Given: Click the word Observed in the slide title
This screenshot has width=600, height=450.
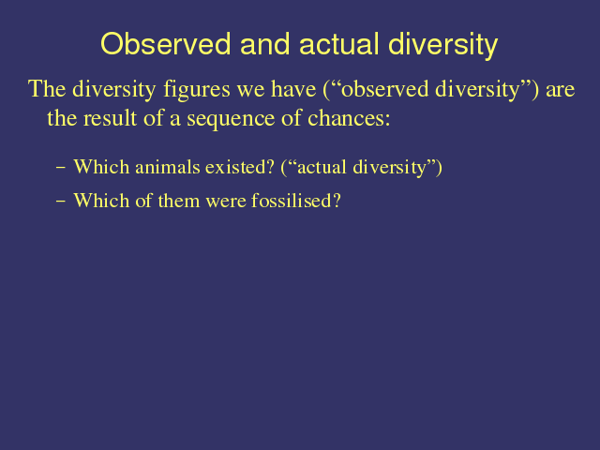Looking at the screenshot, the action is pos(166,44).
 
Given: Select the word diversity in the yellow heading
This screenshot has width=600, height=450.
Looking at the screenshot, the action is pos(443,46).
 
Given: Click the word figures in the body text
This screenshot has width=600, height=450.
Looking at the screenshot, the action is pos(197,90).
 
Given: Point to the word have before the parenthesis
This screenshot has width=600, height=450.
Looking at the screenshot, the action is pos(293,89).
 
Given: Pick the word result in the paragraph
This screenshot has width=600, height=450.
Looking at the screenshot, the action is pos(111,118).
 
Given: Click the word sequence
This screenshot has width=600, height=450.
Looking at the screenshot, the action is pos(231,119).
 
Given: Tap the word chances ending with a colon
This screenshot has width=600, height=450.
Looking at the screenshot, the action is pos(349,118).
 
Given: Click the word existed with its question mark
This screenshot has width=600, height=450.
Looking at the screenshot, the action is pos(240,167).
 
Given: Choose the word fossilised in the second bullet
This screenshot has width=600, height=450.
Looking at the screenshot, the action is pos(296,201).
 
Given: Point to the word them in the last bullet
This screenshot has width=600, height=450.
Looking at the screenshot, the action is pos(179,201).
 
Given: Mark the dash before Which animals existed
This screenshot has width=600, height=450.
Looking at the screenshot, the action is pos(60,168).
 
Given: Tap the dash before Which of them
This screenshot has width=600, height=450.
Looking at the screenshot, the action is pos(60,201).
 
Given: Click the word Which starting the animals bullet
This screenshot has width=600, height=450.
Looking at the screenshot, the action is pos(101,167).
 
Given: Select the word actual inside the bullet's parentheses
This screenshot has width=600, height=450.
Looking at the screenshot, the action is pos(322,167).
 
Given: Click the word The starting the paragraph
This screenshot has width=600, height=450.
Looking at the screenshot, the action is pos(47,89).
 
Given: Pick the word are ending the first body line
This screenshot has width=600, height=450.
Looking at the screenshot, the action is pos(561,90).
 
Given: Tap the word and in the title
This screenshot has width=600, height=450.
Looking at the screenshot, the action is pos(264,44).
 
